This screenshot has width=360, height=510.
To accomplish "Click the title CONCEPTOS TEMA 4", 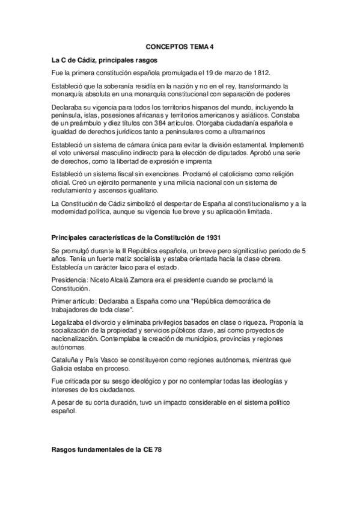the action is coord(180,46).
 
